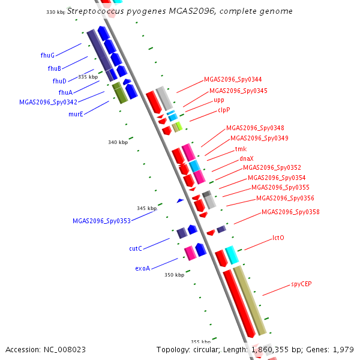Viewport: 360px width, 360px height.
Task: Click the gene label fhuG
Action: pyautogui.click(x=47, y=55)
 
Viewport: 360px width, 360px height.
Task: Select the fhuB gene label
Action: pyautogui.click(x=55, y=68)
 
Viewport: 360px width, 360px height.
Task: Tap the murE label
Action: pyautogui.click(x=76, y=113)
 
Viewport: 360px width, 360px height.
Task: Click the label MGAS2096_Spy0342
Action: pyautogui.click(x=48, y=102)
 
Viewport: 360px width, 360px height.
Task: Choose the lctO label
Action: pyautogui.click(x=278, y=238)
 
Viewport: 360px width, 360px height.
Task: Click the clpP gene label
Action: pyautogui.click(x=224, y=110)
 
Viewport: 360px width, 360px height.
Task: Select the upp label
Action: pyautogui.click(x=219, y=100)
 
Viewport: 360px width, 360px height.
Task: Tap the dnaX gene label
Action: pyautogui.click(x=247, y=158)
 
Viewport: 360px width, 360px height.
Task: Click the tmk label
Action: pyautogui.click(x=241, y=149)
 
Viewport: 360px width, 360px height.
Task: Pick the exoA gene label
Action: pyautogui.click(x=142, y=268)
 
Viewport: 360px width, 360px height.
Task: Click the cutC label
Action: pyautogui.click(x=136, y=248)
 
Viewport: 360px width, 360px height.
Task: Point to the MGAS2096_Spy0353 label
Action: pyautogui.click(x=101, y=221)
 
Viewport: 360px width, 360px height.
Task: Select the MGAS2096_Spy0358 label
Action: pyautogui.click(x=290, y=212)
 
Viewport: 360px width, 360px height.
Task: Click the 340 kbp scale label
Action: pyautogui.click(x=118, y=142)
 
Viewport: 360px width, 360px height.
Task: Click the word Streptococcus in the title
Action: pyautogui.click(x=95, y=11)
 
